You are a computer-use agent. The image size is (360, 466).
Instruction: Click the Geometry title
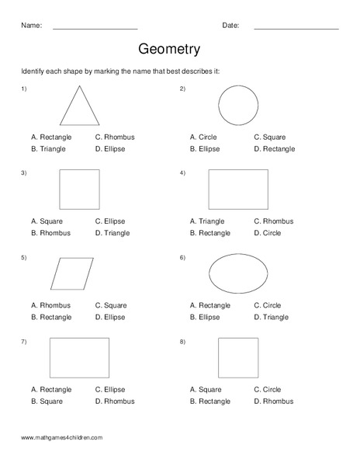169,49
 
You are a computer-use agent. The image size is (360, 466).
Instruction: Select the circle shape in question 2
238,105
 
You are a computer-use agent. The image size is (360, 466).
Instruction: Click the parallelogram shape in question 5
72,273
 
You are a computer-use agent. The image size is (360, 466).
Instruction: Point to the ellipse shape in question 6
238,273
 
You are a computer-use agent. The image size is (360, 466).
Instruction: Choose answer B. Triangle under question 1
48,148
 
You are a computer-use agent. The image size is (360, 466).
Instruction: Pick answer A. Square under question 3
47,221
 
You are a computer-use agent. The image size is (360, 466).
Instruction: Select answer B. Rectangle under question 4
212,232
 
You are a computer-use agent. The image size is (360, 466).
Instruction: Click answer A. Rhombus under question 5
50,305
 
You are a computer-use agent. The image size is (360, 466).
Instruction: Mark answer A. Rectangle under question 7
51,389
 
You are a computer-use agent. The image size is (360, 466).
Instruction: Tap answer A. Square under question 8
206,389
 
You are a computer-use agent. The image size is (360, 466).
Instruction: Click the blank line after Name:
95,28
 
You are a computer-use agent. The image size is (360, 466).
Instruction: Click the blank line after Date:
296,28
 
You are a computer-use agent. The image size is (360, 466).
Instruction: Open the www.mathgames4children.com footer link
62,438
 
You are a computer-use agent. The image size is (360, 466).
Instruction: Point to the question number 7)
24,342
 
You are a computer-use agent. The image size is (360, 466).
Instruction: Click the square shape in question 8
238,358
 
